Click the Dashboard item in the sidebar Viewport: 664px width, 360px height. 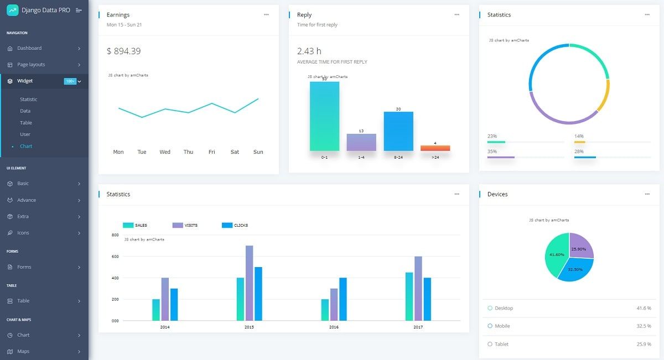tap(29, 48)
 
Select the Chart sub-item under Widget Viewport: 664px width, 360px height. tap(26, 146)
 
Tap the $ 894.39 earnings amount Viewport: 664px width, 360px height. tap(123, 51)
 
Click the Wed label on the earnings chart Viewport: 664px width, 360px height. tap(165, 152)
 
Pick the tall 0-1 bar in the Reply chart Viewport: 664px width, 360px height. tap(324, 116)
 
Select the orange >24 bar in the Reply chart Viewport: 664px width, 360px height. tap(435, 148)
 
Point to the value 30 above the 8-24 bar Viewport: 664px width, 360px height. tap(398, 109)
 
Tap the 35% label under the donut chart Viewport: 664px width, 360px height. tap(492, 152)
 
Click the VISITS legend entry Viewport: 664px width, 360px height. tap(190, 225)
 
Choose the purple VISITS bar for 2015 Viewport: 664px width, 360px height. tap(249, 283)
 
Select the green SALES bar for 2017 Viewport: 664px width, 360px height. tap(409, 296)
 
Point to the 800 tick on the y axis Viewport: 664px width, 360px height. tap(115, 235)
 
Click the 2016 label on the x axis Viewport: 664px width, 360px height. tap(334, 327)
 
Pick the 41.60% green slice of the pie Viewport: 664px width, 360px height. tap(556, 254)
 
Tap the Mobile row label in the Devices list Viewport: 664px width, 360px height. tap(502, 326)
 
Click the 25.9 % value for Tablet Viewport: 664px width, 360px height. tap(644, 344)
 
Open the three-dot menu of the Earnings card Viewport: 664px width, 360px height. tap(266, 14)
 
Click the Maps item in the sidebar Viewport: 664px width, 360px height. tap(23, 351)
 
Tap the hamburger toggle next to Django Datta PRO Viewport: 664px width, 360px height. tap(79, 10)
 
